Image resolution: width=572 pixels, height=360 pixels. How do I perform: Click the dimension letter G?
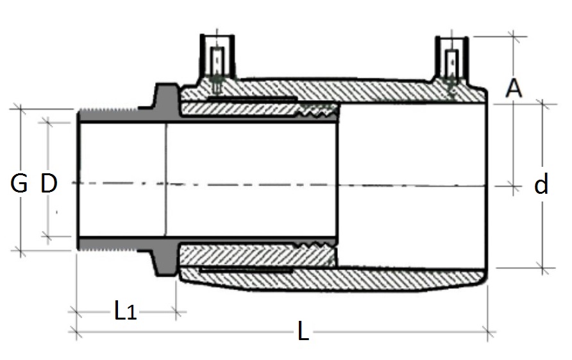pos(19,184)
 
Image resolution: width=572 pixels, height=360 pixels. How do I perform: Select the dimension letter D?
pos(49,184)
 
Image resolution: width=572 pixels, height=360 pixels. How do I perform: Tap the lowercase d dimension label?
pos(542,185)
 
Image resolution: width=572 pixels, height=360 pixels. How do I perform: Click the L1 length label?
pos(126,312)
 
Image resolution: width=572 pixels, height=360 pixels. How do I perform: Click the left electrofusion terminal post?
pos(217,61)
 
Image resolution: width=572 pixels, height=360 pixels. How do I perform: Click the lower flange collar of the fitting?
pos(164,260)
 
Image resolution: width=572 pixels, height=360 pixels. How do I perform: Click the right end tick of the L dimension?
pos(492,332)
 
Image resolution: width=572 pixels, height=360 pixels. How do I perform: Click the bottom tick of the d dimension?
pos(544,268)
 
